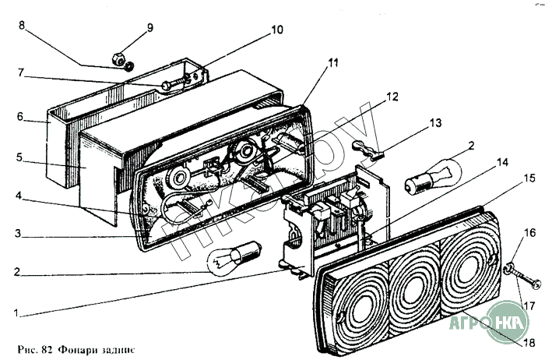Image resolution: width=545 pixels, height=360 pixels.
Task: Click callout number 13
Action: click(x=434, y=122)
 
